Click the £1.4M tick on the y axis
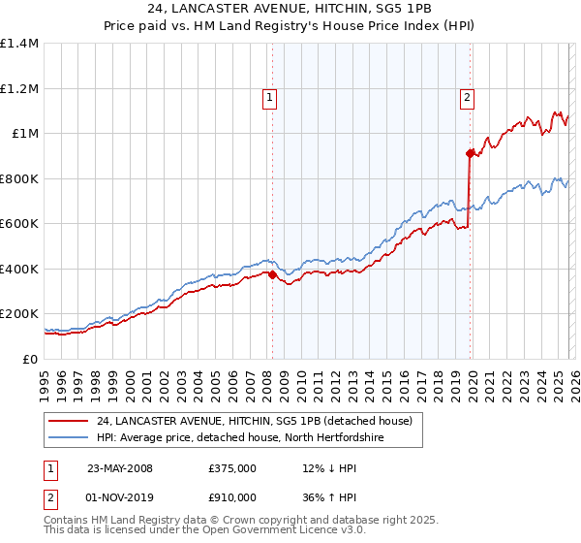[x=19, y=44]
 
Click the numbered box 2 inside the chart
[x=467, y=97]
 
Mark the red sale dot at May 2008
[x=272, y=274]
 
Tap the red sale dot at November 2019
[x=470, y=153]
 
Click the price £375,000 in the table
[x=231, y=468]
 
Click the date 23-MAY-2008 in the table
[x=120, y=468]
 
